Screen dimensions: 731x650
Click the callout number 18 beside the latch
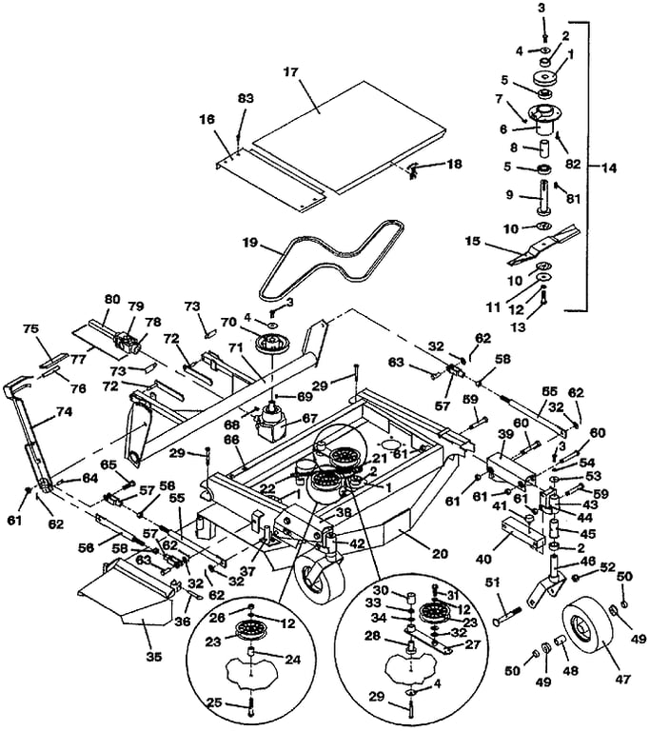tap(454, 164)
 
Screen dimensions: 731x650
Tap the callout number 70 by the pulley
tap(229, 322)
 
